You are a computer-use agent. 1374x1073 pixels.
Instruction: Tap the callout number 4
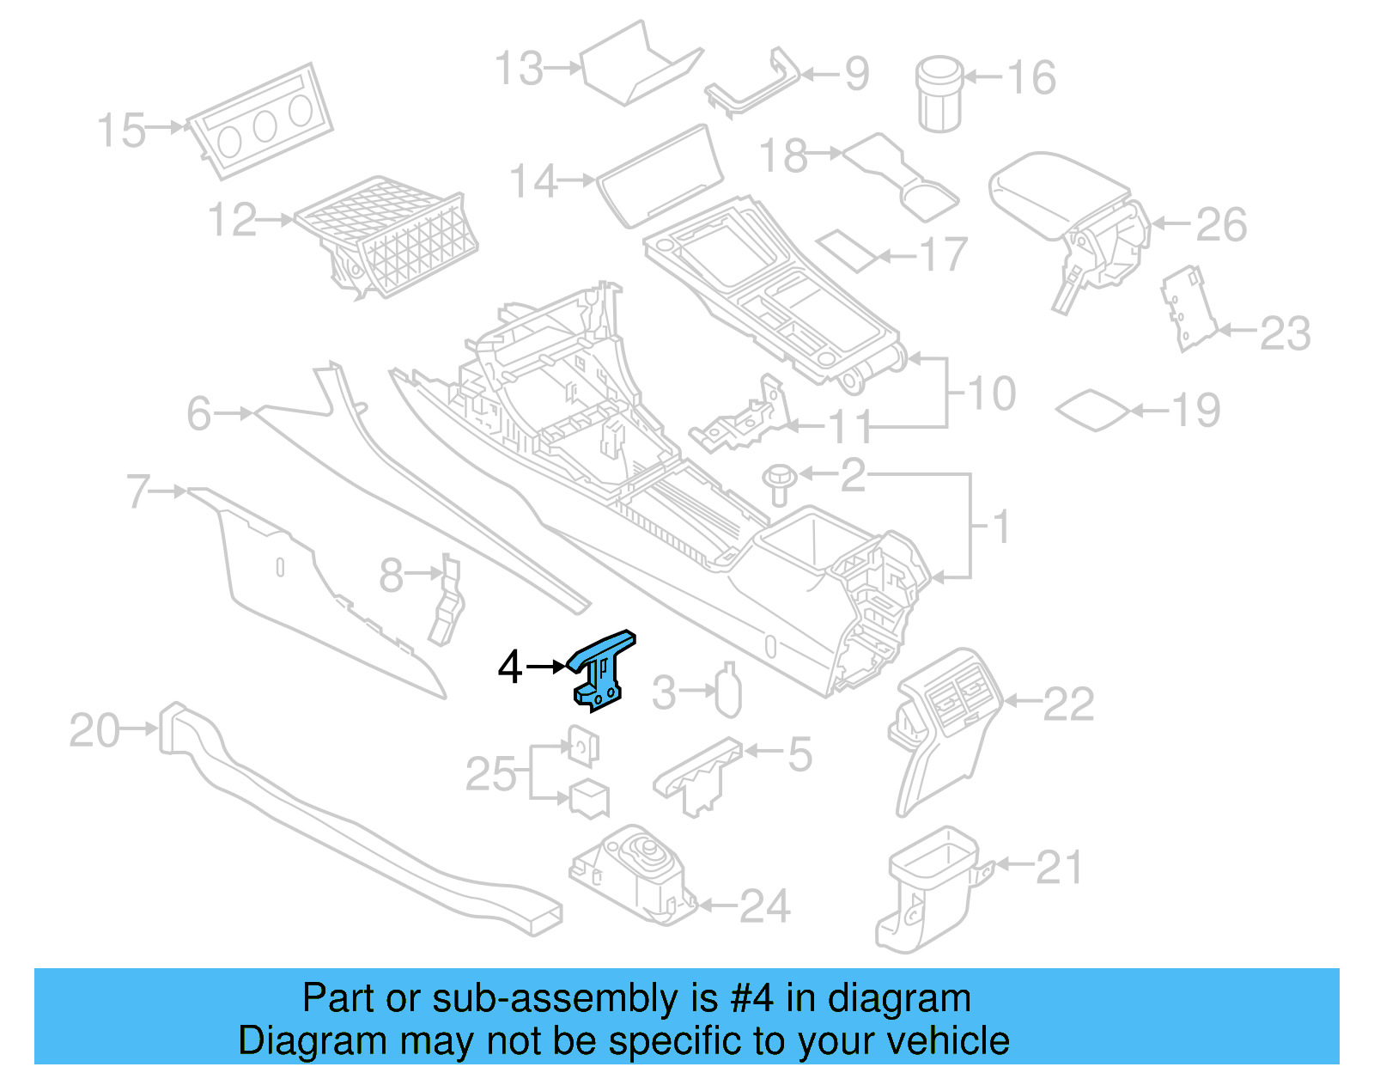(510, 668)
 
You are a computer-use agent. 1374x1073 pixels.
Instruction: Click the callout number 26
(1221, 225)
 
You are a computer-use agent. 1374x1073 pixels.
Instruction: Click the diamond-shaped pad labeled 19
(1092, 410)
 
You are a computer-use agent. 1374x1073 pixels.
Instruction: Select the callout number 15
(120, 131)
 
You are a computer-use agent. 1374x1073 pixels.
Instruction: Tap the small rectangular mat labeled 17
(847, 249)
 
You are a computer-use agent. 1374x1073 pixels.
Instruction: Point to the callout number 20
(94, 731)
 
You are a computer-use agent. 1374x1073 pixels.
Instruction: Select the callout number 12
(232, 221)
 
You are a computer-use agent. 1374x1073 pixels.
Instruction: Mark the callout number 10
(992, 394)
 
